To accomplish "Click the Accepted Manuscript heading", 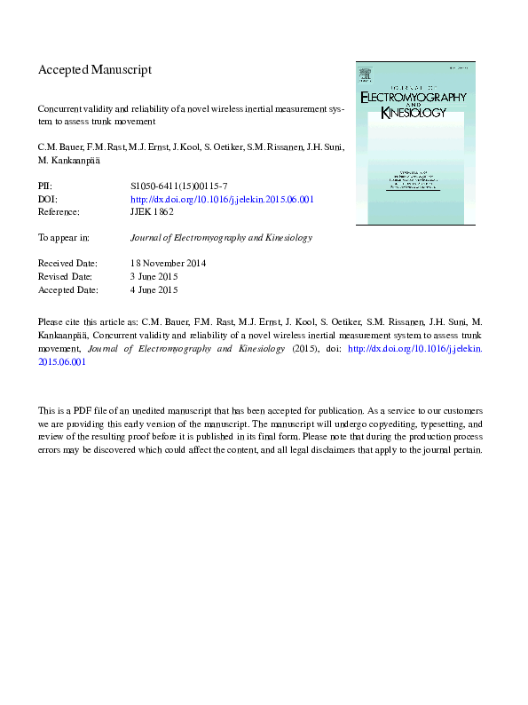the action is coord(95,69).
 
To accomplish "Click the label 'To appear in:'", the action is coord(64,238).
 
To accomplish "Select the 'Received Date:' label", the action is coord(70,264).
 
